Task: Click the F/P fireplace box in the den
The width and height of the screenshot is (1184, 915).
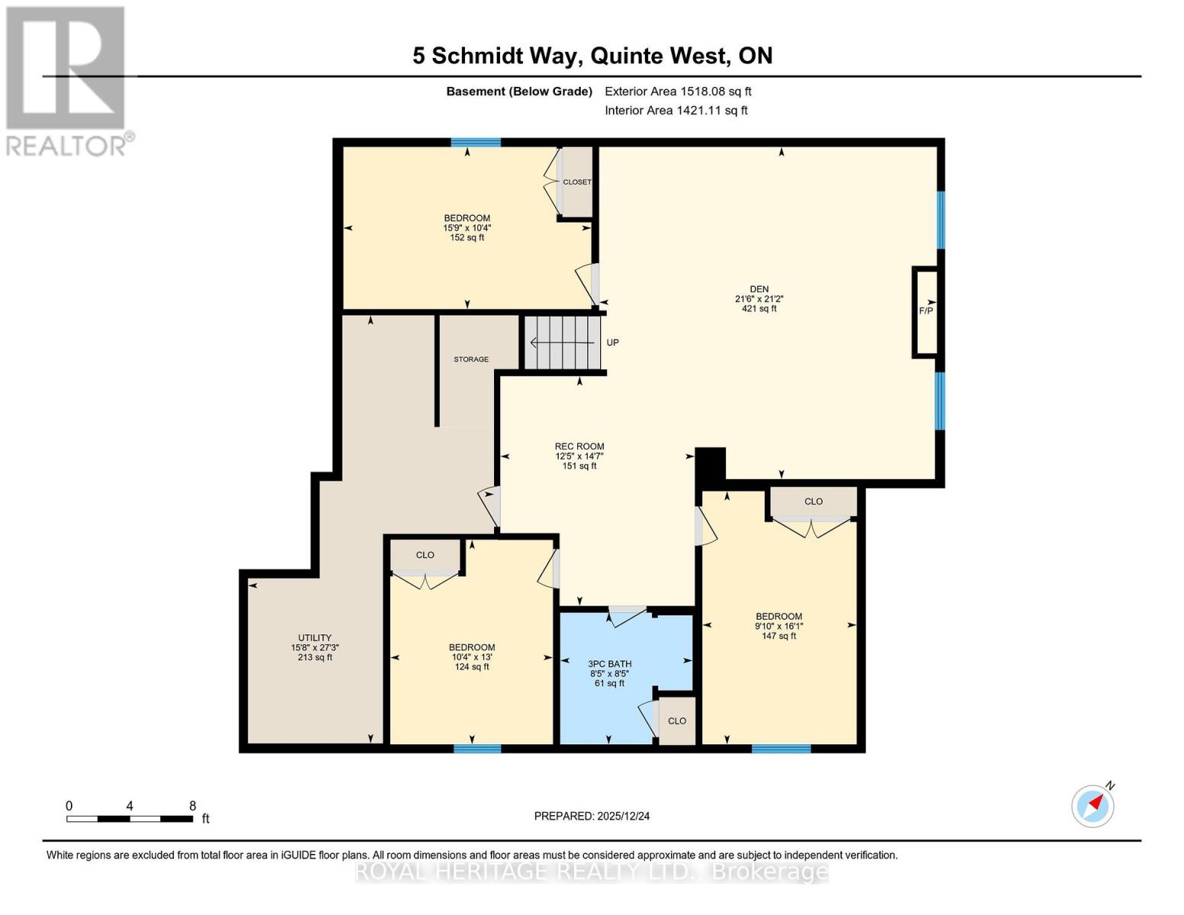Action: (x=926, y=311)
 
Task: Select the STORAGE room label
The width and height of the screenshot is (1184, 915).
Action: (x=471, y=359)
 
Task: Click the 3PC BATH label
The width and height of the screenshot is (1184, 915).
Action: (x=609, y=664)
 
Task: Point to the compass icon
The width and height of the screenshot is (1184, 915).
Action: (x=1093, y=805)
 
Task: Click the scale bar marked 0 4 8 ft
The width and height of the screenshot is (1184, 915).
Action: (x=130, y=818)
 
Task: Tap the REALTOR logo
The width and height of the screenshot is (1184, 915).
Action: (x=66, y=81)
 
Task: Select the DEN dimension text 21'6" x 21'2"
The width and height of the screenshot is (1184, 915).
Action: (x=759, y=299)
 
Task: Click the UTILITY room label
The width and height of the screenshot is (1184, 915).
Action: (x=315, y=638)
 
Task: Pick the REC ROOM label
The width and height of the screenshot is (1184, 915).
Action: (x=579, y=447)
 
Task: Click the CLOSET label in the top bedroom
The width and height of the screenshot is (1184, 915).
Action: (x=577, y=182)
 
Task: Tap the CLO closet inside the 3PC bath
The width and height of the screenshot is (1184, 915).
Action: (x=677, y=721)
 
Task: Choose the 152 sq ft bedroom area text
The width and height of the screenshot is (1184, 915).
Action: (x=467, y=237)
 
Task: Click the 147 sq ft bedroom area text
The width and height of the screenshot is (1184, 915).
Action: (x=778, y=636)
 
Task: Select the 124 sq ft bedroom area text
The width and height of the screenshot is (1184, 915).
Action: (x=472, y=667)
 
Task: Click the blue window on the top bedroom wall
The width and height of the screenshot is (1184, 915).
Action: (x=476, y=143)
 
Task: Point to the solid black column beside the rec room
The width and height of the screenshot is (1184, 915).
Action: (x=711, y=464)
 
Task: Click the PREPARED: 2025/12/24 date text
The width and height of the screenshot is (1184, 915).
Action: (x=592, y=816)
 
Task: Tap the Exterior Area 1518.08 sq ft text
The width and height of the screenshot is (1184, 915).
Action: (x=678, y=91)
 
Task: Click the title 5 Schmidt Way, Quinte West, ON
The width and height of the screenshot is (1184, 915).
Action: (x=592, y=56)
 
